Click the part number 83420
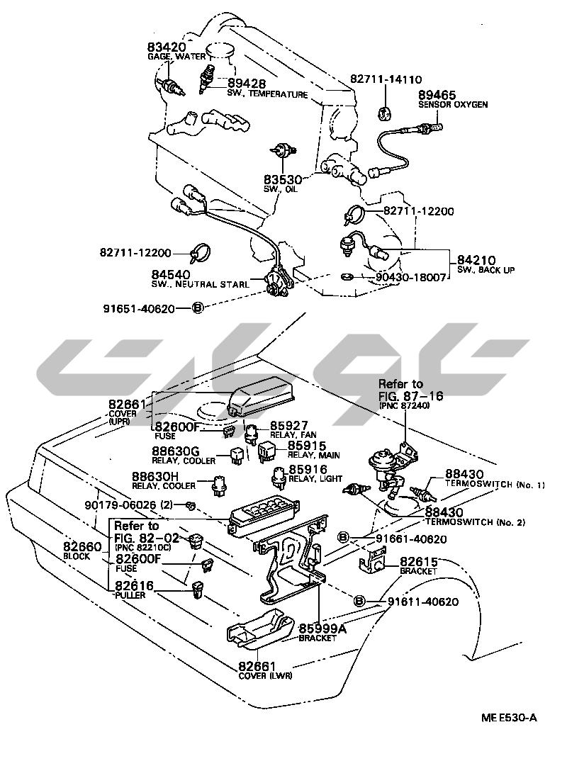[x=167, y=47]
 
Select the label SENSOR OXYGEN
[x=453, y=105]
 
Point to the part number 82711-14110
[x=386, y=80]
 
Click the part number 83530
[x=284, y=180]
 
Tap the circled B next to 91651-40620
[x=198, y=308]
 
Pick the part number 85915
[x=307, y=448]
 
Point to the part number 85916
[x=307, y=470]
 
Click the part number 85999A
[x=317, y=628]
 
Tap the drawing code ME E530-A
[x=509, y=718]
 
